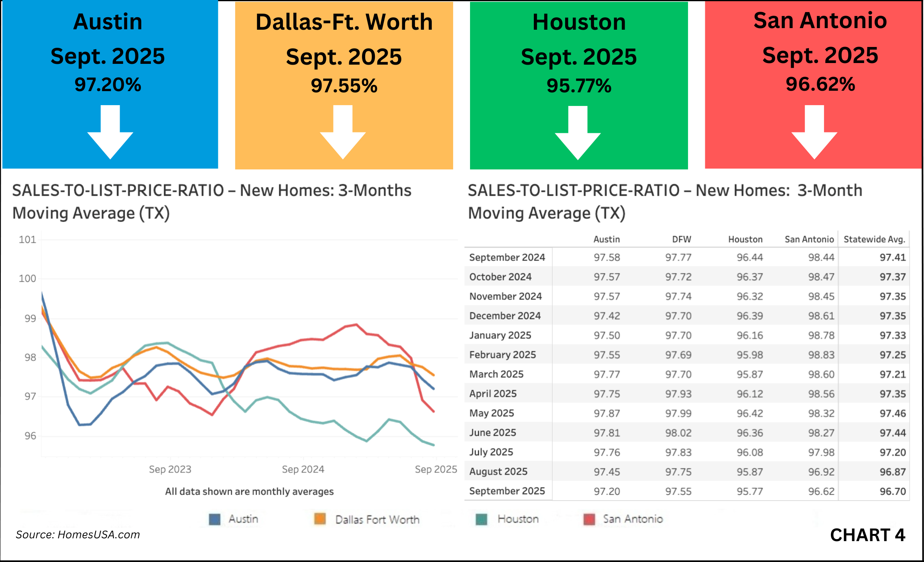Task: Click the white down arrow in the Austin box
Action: tap(110, 132)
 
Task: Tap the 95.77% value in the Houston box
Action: tap(578, 86)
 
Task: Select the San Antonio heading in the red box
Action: tap(820, 20)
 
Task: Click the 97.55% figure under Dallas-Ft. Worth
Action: tap(344, 86)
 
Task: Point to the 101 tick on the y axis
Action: tap(27, 240)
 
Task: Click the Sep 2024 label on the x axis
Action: tap(303, 469)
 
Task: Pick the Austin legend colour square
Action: tap(215, 519)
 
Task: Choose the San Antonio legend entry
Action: tap(632, 519)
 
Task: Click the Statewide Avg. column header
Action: tap(874, 239)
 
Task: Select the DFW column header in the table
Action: tap(682, 239)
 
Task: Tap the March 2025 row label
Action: tap(496, 374)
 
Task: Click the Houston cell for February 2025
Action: tap(749, 355)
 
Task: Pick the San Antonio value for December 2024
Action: tap(821, 316)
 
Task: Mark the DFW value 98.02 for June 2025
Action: tap(678, 433)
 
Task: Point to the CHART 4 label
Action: tap(867, 535)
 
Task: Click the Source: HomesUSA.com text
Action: tap(78, 535)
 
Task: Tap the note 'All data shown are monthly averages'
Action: tap(249, 491)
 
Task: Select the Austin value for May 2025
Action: tap(607, 413)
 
